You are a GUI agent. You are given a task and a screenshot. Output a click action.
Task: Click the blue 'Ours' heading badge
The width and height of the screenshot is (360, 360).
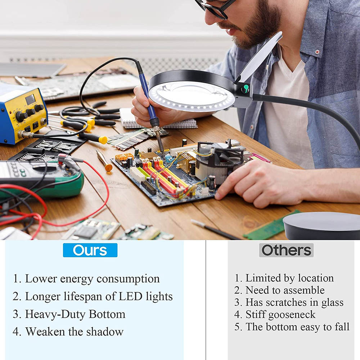[x=90, y=250]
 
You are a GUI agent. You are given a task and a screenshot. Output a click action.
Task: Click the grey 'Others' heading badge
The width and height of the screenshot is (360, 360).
[x=286, y=250]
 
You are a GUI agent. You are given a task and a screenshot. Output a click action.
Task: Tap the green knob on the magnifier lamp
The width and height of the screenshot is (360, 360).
[x=245, y=89]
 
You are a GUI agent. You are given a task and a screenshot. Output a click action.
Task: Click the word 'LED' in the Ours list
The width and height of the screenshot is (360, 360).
[x=130, y=296]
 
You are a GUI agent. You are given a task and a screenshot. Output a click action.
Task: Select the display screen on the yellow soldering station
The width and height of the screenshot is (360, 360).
[x=30, y=99]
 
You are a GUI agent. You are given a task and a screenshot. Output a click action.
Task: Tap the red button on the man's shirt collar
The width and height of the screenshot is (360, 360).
[x=317, y=52]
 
